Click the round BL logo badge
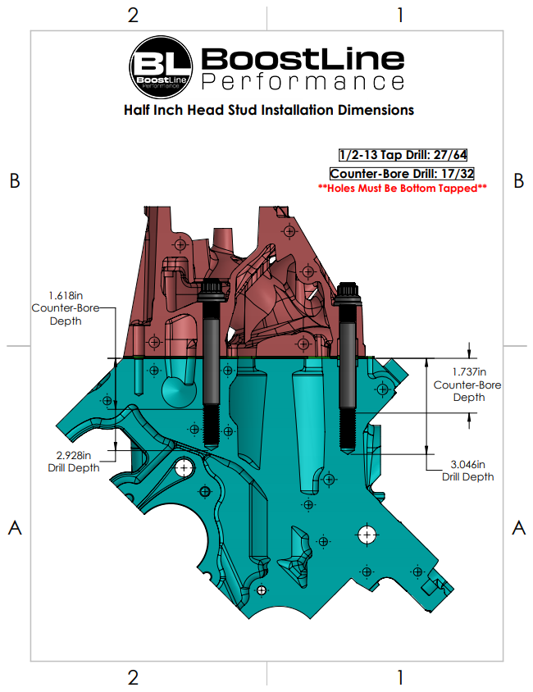point(161,67)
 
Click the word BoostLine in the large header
point(303,59)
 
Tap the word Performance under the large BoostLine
point(303,82)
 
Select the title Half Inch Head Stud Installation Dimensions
point(269,110)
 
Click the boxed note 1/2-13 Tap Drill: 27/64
point(403,155)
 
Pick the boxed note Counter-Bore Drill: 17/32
point(402,174)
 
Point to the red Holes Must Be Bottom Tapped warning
point(402,189)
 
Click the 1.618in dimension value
point(66,295)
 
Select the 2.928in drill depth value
point(74,455)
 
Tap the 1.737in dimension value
point(469,372)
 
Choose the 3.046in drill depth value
point(467,464)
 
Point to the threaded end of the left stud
point(212,429)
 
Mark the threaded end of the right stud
point(347,431)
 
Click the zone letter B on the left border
point(15,180)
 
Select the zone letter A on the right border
point(519,528)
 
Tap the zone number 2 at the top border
point(133,15)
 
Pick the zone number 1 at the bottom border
point(400,677)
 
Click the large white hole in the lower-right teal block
point(367,535)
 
